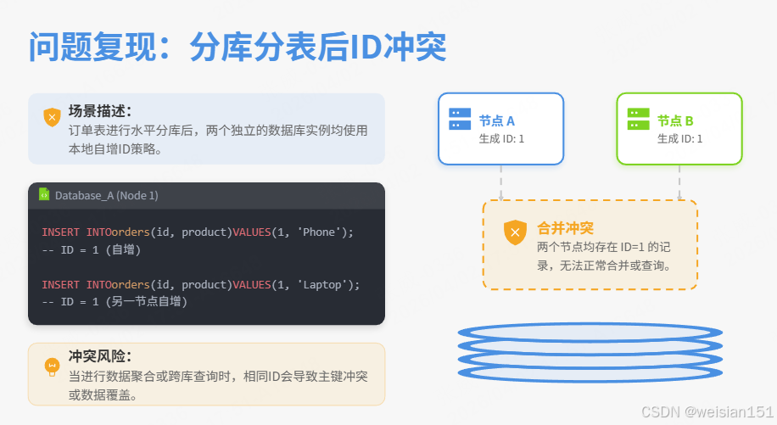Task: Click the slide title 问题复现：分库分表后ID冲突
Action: pyautogui.click(x=238, y=48)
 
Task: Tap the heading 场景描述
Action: pyautogui.click(x=99, y=111)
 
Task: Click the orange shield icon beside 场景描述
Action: pyautogui.click(x=53, y=117)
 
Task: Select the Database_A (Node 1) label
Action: pyautogui.click(x=107, y=196)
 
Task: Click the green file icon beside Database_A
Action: pyautogui.click(x=44, y=195)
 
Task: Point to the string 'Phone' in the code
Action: pyautogui.click(x=319, y=232)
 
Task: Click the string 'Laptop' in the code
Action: pyautogui.click(x=322, y=284)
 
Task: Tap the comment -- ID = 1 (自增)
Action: pyautogui.click(x=91, y=249)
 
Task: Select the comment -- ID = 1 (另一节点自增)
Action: pyautogui.click(x=115, y=302)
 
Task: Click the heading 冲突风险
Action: pyautogui.click(x=99, y=356)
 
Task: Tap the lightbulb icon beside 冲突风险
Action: pyautogui.click(x=53, y=366)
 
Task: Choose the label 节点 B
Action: pyautogui.click(x=675, y=120)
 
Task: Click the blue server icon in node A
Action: pyautogui.click(x=461, y=119)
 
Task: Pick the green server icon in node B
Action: pyautogui.click(x=639, y=119)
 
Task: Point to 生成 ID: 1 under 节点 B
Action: pyautogui.click(x=679, y=138)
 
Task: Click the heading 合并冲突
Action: pyautogui.click(x=565, y=228)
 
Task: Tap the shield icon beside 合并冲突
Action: pyautogui.click(x=515, y=232)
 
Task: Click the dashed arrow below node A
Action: pyautogui.click(x=501, y=182)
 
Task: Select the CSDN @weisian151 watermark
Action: pyautogui.click(x=707, y=411)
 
